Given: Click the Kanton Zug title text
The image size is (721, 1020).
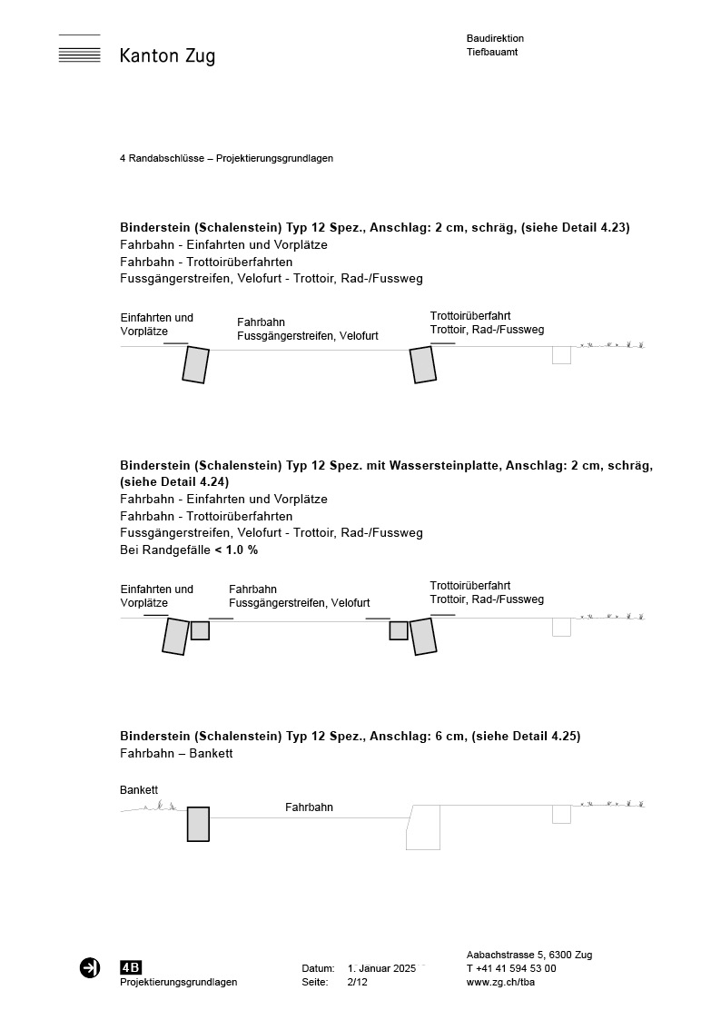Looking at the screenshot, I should (167, 56).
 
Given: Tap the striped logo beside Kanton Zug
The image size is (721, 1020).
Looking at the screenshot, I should (79, 50).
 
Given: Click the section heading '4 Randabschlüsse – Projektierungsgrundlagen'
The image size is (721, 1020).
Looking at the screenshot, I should (226, 158).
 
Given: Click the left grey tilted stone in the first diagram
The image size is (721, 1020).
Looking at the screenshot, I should (195, 364).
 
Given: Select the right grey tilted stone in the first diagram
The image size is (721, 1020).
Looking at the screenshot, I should (422, 364).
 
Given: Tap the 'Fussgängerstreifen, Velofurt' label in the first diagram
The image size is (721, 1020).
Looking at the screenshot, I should (307, 336).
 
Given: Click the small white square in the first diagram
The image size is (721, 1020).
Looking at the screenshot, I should (561, 355).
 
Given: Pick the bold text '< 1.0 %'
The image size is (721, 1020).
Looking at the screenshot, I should (236, 550).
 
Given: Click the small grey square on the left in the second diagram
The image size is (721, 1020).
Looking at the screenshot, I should (200, 630).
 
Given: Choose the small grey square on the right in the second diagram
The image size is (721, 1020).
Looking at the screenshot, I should (398, 630).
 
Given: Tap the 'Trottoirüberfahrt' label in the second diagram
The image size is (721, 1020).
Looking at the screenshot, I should (469, 586).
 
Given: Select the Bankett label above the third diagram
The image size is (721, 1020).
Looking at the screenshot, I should (139, 790).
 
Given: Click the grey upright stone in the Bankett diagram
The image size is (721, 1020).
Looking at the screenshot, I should (198, 824).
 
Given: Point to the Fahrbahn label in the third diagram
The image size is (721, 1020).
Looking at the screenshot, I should (309, 807).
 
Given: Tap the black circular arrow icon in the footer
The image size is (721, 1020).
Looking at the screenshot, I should (90, 968).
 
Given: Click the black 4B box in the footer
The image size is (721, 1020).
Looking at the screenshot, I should (131, 967).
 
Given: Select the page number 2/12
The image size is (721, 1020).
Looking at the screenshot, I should (357, 982).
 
